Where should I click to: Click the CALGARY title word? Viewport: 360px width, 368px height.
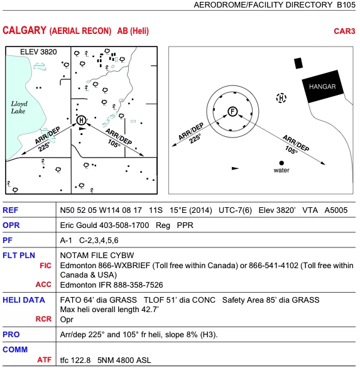pyautogui.click(x=23, y=31)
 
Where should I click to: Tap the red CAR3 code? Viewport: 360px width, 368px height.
pyautogui.click(x=344, y=31)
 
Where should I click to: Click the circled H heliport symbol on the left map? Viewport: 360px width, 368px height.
pyautogui.click(x=80, y=120)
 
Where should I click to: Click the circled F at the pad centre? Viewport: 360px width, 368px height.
pyautogui.click(x=232, y=112)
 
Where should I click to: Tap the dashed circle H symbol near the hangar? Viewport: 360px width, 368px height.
pyautogui.click(x=281, y=97)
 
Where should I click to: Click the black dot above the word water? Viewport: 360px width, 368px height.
pyautogui.click(x=281, y=163)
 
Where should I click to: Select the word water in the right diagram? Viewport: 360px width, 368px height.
pyautogui.click(x=281, y=171)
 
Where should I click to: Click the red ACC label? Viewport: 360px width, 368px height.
pyautogui.click(x=43, y=284)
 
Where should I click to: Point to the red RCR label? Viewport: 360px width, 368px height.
pyautogui.click(x=43, y=319)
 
